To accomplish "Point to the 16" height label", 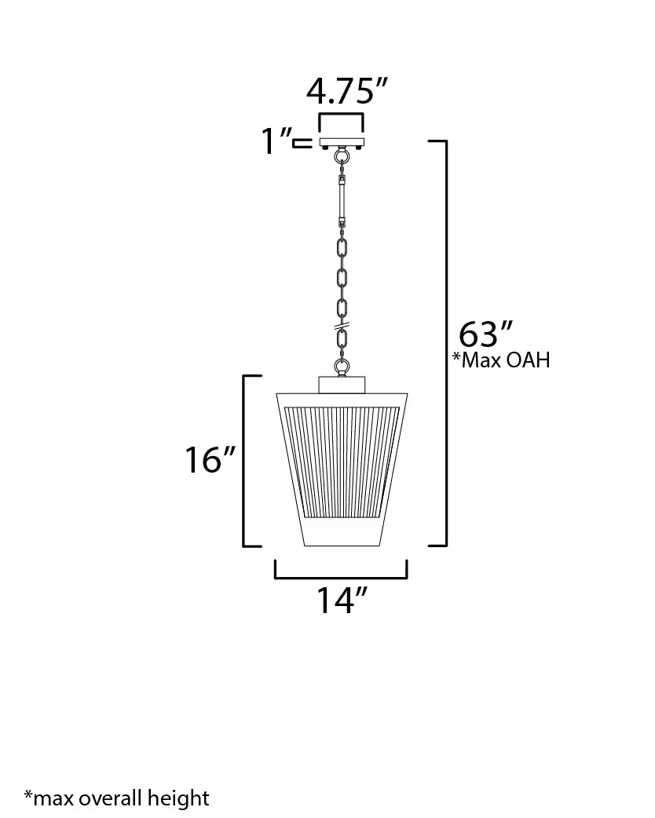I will [x=210, y=460].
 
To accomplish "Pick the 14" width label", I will [x=342, y=601].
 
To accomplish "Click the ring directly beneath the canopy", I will [x=342, y=157].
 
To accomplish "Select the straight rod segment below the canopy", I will [x=342, y=198].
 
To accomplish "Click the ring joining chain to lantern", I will [x=342, y=366].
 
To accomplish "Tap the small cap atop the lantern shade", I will [x=342, y=384].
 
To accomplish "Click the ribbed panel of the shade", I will [x=342, y=459].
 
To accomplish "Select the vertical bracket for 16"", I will [x=244, y=460].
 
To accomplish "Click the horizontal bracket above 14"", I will [x=342, y=575].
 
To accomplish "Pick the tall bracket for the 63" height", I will [x=445, y=342].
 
